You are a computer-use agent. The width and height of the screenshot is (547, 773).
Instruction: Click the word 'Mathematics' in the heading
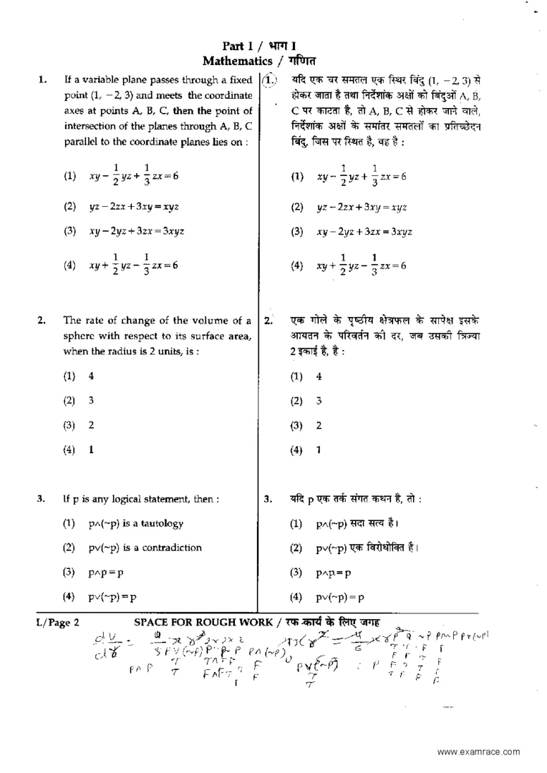click(236, 62)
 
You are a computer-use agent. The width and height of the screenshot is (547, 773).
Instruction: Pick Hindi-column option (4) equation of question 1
click(362, 264)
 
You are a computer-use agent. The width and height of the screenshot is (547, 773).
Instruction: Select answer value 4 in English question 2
click(91, 376)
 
